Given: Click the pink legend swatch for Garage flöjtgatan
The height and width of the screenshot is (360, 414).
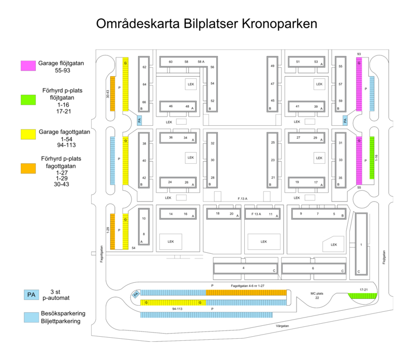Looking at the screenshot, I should [28, 65].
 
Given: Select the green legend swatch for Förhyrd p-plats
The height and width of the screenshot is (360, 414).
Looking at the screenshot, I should [28, 99].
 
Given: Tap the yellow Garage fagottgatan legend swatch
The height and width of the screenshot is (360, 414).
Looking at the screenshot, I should [28, 136].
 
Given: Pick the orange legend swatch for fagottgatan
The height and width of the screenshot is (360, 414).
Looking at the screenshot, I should [28, 168].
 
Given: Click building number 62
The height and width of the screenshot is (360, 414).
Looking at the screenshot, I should [144, 67].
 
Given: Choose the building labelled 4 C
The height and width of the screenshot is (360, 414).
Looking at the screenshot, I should [244, 268].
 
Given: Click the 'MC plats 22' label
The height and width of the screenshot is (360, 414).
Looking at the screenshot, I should [318, 295].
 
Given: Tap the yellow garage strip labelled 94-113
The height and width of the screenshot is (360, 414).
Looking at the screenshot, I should [172, 302].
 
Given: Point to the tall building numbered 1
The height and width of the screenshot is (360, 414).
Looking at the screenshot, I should [361, 243].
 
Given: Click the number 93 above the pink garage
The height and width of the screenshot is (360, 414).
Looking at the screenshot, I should [359, 54].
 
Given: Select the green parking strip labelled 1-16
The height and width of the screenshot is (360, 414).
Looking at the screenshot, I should [372, 157].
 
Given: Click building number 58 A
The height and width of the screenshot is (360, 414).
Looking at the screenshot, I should [201, 62].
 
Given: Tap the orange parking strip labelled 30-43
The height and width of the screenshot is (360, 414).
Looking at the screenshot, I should [112, 93].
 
